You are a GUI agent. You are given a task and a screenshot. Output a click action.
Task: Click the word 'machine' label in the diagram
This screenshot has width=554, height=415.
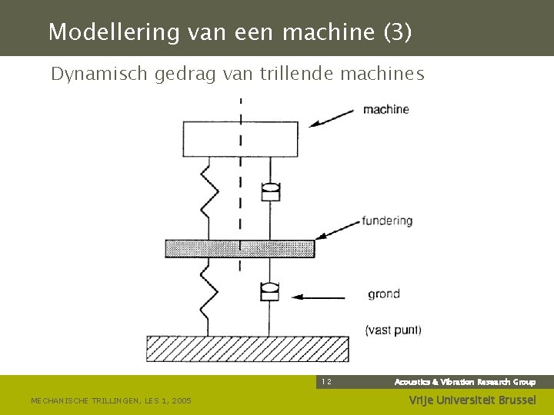coord(385,109)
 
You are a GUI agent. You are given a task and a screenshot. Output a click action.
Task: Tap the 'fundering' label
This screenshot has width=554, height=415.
coord(388,221)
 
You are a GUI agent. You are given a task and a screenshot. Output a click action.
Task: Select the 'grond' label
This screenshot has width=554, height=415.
coord(383,294)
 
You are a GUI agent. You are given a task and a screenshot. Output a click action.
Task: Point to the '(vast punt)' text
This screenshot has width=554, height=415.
coord(392,330)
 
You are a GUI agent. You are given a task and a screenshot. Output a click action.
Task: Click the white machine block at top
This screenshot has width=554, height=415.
coord(240,138)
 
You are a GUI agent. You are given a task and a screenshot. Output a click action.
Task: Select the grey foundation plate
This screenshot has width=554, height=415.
coord(240,248)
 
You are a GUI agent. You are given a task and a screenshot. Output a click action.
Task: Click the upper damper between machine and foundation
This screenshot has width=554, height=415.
coord(270,190)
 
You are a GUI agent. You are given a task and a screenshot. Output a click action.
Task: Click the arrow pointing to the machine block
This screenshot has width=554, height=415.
coord(332,118)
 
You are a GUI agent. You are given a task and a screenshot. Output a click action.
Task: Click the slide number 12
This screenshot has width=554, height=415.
coord(326,381)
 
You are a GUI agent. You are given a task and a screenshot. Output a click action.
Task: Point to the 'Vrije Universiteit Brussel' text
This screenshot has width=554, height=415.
coord(472,400)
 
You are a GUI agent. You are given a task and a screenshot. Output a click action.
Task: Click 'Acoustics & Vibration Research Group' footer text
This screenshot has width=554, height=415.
coord(465,382)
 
